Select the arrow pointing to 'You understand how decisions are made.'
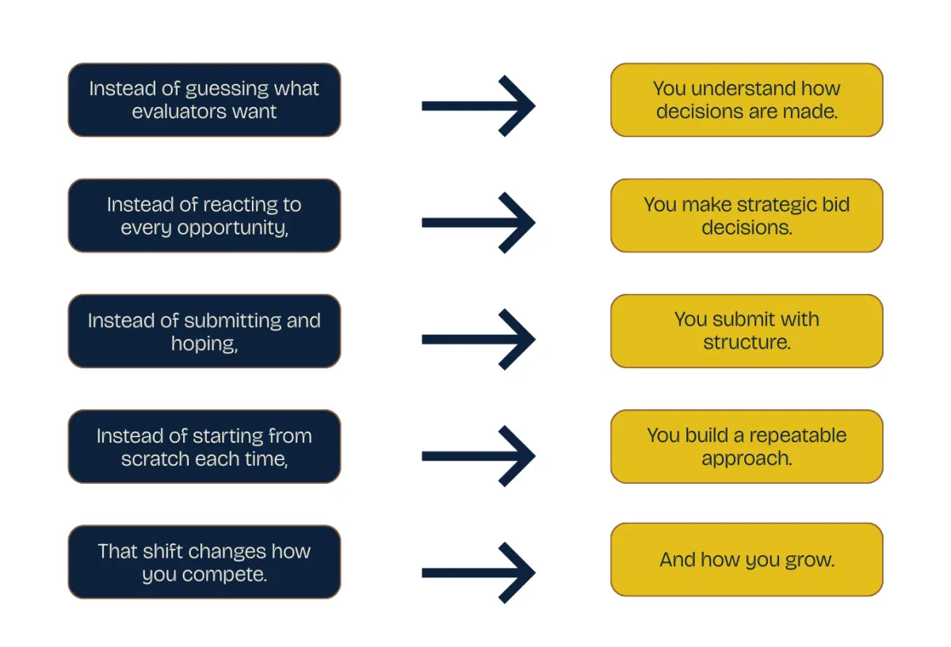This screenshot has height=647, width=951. point(478,105)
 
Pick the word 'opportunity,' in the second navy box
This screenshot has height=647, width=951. point(237,228)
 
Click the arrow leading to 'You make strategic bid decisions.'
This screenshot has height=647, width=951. point(478,223)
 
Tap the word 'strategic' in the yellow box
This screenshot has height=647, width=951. point(776,204)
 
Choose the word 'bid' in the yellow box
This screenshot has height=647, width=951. point(835,204)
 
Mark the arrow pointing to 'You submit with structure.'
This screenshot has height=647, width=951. point(478,339)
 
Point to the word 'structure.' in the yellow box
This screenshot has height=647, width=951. point(747,343)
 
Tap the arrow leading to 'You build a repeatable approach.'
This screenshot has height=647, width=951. point(478,455)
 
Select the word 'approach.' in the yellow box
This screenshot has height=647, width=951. point(747,459)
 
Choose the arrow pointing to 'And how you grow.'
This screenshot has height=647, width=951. point(478,572)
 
